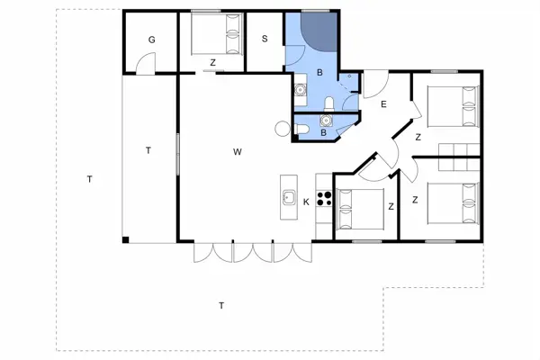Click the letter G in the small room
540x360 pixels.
point(152,40)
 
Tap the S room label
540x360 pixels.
point(265,39)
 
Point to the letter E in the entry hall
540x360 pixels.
point(383,105)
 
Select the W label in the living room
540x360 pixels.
point(238,151)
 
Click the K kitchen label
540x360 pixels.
point(306,202)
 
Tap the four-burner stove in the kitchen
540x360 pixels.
point(324,200)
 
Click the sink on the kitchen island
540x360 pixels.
point(289,197)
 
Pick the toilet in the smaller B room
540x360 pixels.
point(303,130)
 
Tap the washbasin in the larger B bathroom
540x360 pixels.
point(300,89)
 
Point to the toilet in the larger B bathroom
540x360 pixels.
point(331,103)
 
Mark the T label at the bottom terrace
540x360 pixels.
point(221,306)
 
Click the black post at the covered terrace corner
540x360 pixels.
point(125,239)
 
